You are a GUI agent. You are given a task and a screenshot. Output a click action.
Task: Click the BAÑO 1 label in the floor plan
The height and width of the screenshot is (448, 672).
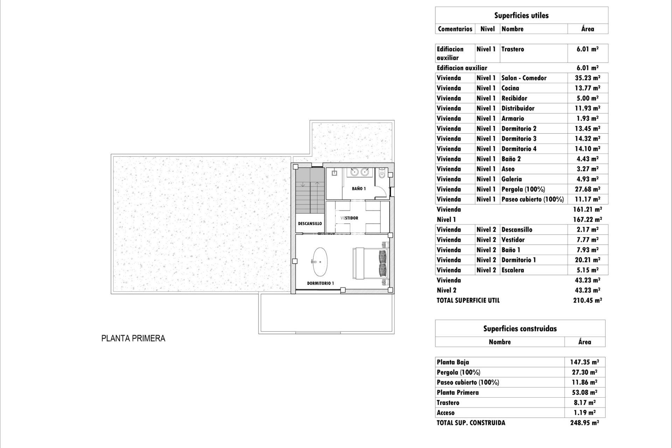(x=359, y=189)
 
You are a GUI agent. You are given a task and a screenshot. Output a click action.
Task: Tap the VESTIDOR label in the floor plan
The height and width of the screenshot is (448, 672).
(x=349, y=218)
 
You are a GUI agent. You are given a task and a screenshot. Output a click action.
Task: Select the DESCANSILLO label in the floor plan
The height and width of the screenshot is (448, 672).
(x=310, y=224)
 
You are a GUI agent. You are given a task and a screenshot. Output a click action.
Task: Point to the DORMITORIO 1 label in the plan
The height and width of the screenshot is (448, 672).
(x=320, y=283)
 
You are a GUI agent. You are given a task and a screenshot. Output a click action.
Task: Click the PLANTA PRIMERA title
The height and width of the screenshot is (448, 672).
(x=133, y=338)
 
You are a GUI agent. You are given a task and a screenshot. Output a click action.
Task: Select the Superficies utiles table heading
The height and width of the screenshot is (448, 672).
(x=521, y=15)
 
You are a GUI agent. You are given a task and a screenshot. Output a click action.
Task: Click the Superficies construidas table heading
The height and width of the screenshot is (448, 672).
(x=520, y=329)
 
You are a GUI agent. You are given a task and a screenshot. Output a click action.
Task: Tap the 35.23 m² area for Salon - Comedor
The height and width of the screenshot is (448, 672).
(x=587, y=78)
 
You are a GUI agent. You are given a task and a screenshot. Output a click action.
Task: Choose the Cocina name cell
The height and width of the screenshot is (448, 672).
(x=510, y=88)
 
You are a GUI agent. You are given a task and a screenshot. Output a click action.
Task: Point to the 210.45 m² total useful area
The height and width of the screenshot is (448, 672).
(x=587, y=300)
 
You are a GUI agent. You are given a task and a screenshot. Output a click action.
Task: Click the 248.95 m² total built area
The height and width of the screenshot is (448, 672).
(x=584, y=423)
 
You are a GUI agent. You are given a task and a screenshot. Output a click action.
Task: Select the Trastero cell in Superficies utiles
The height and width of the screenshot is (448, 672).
(x=513, y=49)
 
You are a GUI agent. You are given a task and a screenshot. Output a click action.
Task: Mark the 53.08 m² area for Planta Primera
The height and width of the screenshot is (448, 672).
(x=584, y=392)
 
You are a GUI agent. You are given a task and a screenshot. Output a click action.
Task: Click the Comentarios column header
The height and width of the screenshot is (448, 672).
(x=455, y=29)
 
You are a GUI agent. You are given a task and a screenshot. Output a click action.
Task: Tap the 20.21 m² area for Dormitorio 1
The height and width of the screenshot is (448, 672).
(x=587, y=260)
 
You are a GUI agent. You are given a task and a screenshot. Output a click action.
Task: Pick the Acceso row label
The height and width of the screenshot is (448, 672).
(x=446, y=413)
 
